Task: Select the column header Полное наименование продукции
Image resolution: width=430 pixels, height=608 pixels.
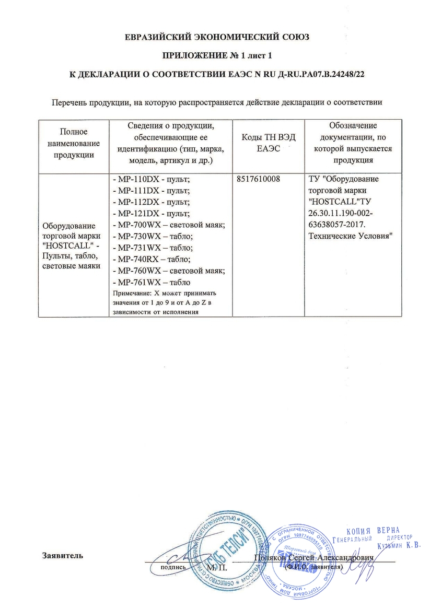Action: tap(74, 143)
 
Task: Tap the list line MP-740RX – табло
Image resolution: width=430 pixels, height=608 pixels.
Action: tap(152, 259)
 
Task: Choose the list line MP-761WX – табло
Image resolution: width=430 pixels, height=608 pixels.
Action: tap(151, 282)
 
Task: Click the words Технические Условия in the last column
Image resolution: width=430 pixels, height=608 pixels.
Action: tap(347, 237)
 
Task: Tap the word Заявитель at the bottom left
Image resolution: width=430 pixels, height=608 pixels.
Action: tap(62, 555)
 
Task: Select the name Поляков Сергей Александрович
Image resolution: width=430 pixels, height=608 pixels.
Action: tap(313, 558)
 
